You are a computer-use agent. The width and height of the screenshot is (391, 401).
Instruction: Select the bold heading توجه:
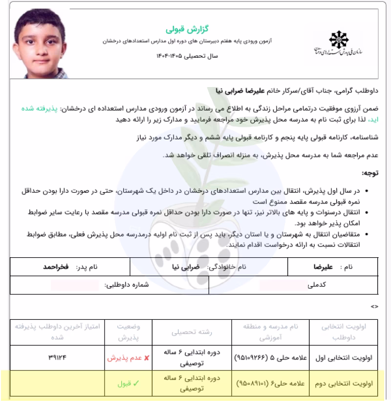click(x=369, y=173)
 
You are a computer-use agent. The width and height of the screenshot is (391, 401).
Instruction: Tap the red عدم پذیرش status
click(x=125, y=357)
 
